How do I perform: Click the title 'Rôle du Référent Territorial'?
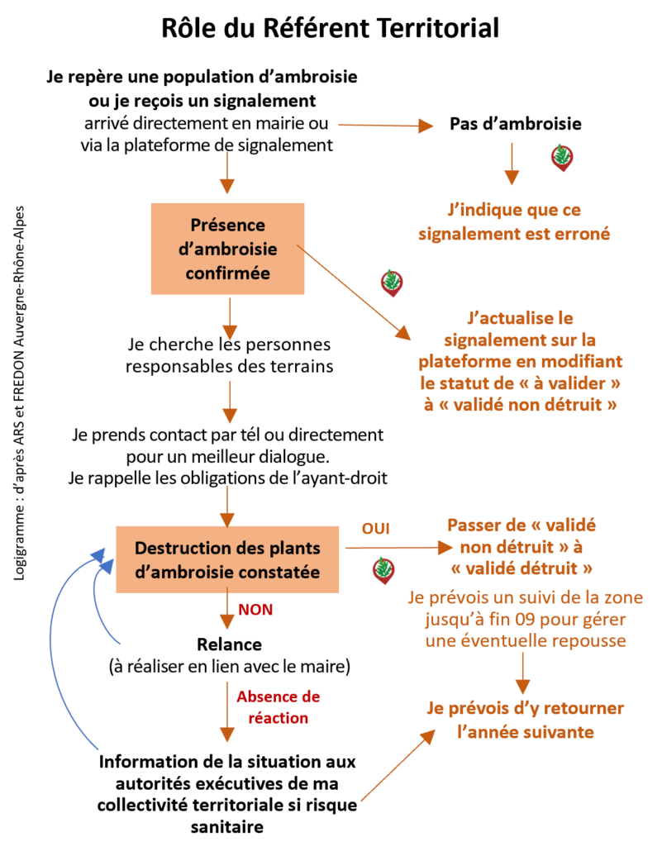pos(331,28)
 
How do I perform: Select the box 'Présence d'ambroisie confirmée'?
pos(227,250)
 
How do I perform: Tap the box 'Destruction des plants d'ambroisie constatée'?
pos(227,559)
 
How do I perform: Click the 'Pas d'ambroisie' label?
pos(516,124)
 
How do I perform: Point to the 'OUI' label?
pos(376,529)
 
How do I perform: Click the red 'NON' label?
pos(255,610)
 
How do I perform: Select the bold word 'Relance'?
pos(229,644)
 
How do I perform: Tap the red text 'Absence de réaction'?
pos(278,707)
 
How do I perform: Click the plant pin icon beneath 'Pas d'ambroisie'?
pos(562,158)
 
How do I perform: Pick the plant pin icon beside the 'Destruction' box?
pos(384,570)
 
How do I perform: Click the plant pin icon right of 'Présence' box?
pos(392,283)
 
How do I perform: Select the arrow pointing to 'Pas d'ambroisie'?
pos(386,126)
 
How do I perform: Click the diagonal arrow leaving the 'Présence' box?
pos(354,292)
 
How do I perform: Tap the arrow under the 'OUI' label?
pos(398,548)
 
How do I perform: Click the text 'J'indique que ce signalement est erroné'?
pos(514,221)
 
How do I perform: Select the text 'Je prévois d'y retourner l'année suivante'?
pos(525,720)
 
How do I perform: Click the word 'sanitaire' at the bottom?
pos(227,826)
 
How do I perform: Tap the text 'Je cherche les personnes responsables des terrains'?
pos(229,355)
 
